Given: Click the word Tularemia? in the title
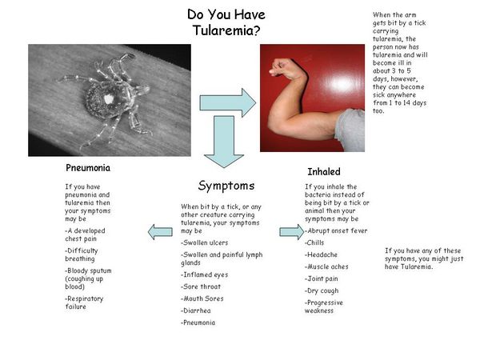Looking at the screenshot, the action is [x=226, y=30].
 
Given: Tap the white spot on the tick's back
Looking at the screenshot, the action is [x=108, y=99].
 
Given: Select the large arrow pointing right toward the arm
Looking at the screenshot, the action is [x=228, y=103].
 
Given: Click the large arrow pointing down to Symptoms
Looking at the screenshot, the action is [x=224, y=142].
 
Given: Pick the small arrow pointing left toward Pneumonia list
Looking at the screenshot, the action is [x=160, y=232].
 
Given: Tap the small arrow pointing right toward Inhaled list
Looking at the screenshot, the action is [x=292, y=232].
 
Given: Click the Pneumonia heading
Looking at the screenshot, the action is [x=88, y=168].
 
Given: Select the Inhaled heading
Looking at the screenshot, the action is [x=324, y=172].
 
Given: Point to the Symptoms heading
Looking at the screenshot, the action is [x=226, y=186].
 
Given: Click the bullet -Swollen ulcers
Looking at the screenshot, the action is [x=205, y=242].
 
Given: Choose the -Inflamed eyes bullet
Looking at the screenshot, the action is [x=205, y=275].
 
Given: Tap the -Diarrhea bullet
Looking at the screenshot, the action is [x=196, y=310].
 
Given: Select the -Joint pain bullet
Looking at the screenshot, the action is [x=322, y=279].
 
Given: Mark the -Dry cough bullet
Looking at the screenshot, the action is [x=322, y=291].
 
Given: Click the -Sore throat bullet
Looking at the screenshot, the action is [x=201, y=287].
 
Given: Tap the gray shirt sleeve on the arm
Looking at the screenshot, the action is [x=351, y=130].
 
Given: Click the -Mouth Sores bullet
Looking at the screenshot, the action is [x=202, y=298].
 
